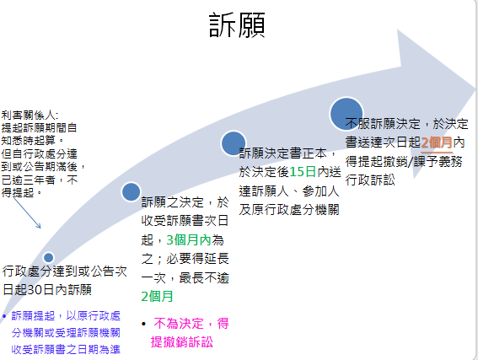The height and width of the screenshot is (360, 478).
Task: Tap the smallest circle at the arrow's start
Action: click(48, 257)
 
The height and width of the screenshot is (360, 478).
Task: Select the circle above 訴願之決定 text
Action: click(131, 191)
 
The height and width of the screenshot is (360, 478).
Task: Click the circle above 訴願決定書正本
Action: click(233, 142)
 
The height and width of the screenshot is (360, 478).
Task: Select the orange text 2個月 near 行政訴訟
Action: click(437, 142)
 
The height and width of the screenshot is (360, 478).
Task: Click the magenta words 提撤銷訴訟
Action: click(181, 341)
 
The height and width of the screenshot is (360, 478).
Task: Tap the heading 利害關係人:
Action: click(30, 114)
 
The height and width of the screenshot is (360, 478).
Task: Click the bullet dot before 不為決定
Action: click(145, 323)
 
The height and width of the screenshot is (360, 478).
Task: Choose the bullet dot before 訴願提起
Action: click(5, 315)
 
